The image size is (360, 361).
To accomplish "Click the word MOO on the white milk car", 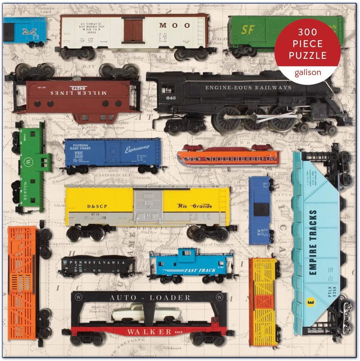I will click(x=174, y=25).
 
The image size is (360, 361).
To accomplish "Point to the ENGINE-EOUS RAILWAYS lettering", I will click(x=248, y=88).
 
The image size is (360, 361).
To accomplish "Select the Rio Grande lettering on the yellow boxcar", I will click(x=195, y=206).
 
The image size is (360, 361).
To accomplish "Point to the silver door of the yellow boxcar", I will click(x=148, y=204).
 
